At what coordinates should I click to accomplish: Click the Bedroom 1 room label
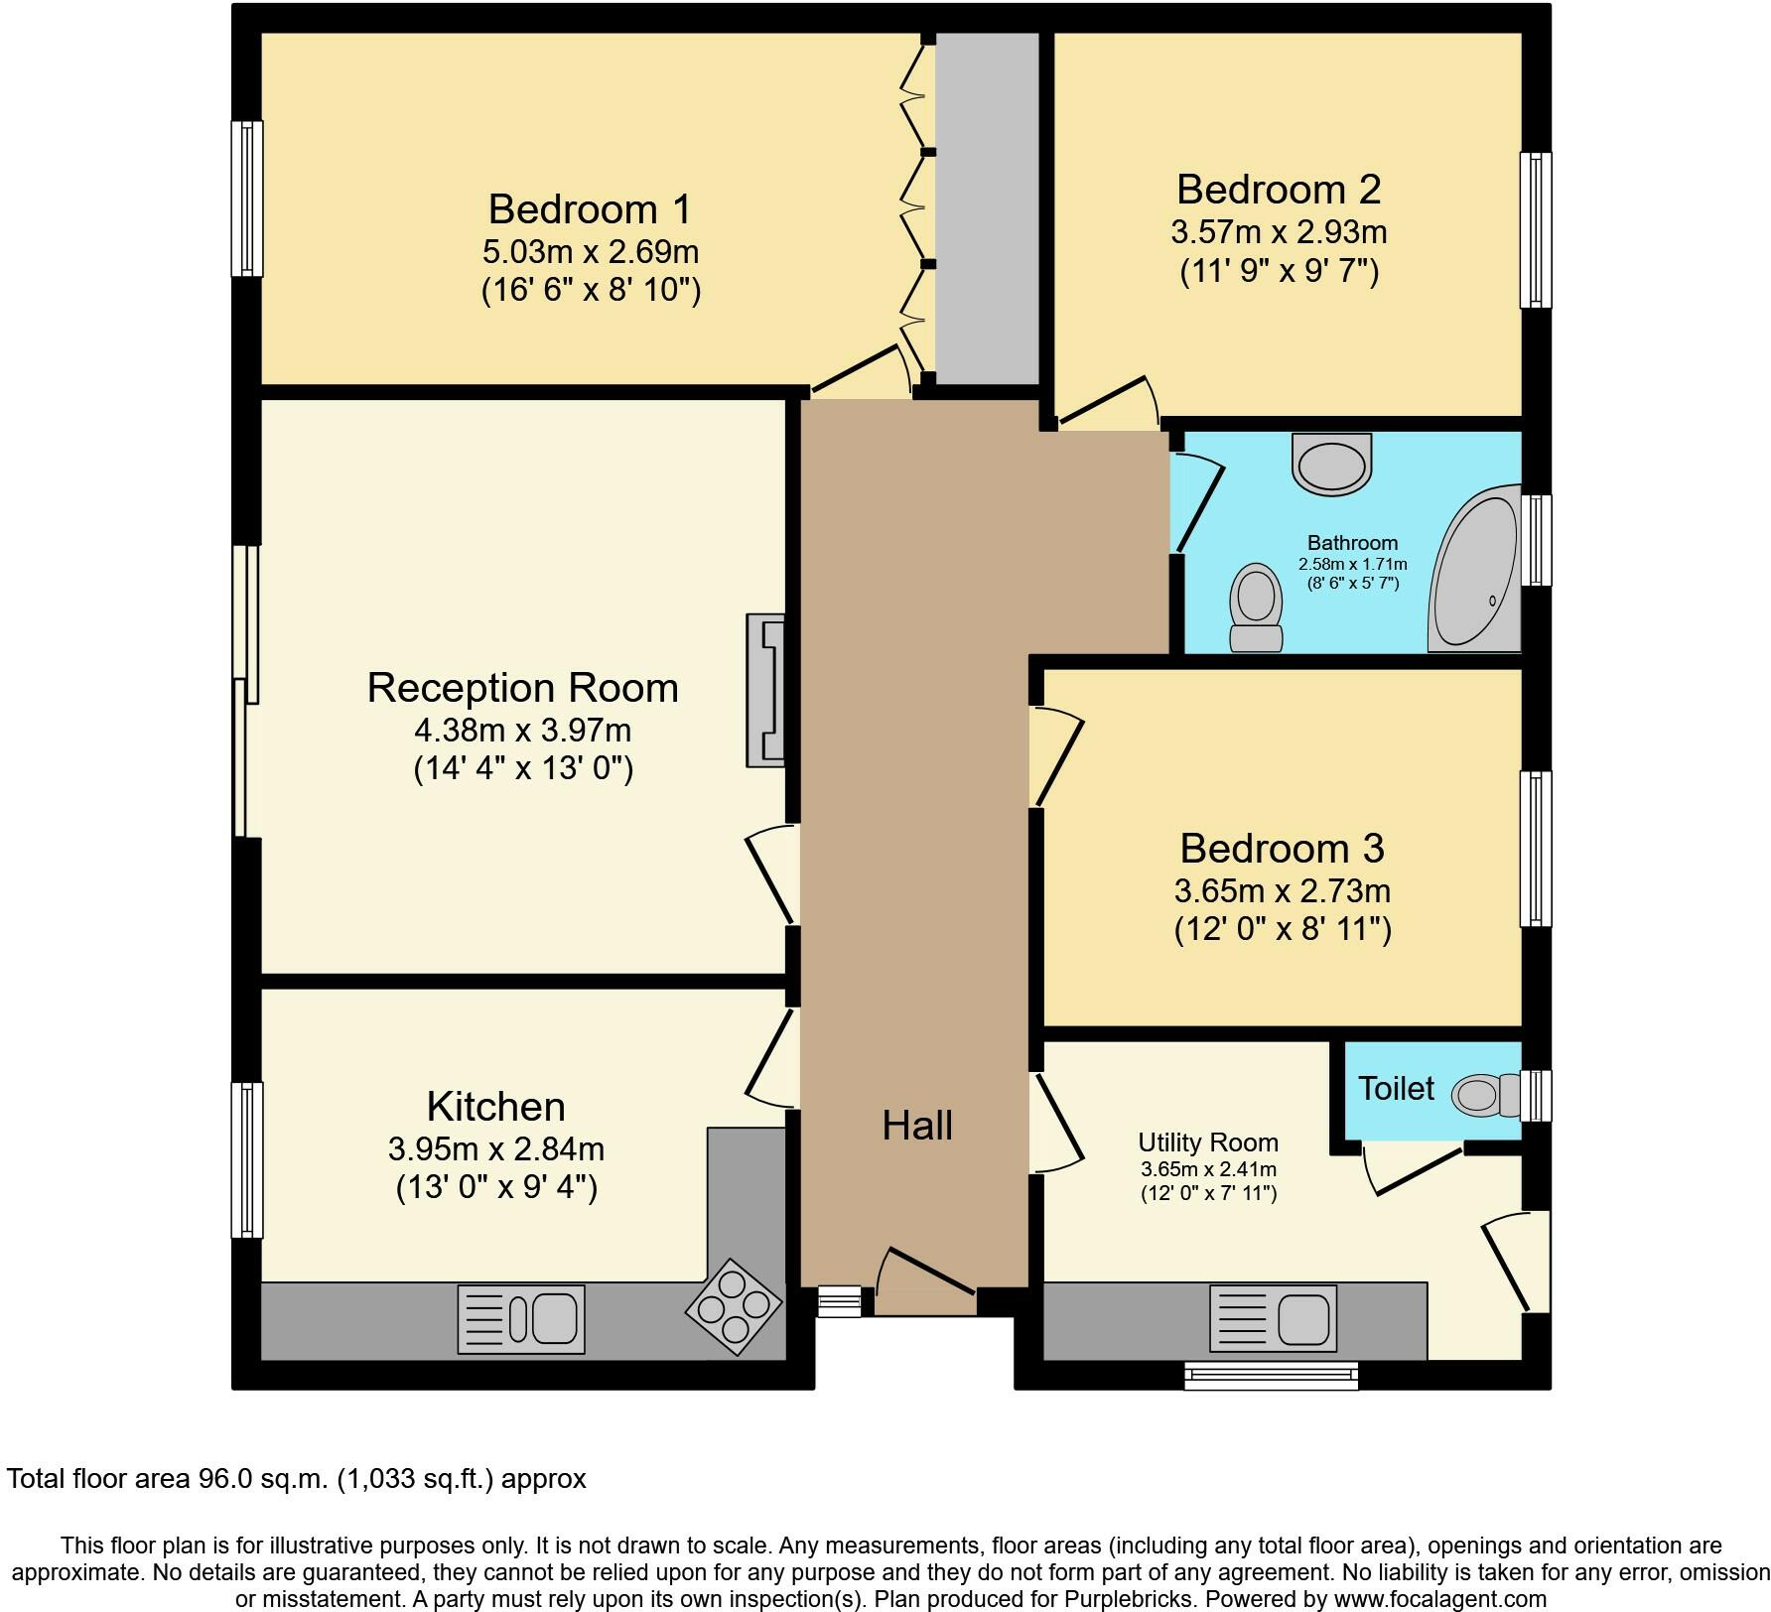click(590, 209)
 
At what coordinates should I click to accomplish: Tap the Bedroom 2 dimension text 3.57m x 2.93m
click(1279, 232)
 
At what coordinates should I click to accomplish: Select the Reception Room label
click(523, 688)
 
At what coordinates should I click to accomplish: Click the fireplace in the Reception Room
click(765, 691)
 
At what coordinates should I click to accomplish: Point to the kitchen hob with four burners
click(734, 1301)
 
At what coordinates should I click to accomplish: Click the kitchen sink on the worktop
click(521, 1319)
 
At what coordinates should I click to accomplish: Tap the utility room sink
click(1274, 1319)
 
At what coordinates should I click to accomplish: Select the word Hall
click(917, 1126)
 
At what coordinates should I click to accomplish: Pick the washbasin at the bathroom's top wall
click(1331, 464)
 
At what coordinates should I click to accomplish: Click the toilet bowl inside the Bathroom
click(1256, 607)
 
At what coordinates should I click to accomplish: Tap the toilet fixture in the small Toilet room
click(1486, 1095)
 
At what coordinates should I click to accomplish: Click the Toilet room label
click(1396, 1089)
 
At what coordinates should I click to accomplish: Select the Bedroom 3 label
click(1282, 849)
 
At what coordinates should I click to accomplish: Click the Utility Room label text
click(1208, 1142)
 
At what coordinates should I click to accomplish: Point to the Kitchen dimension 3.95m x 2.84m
click(496, 1149)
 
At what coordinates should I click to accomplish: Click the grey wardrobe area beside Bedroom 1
click(988, 207)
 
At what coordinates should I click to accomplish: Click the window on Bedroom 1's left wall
click(247, 199)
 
